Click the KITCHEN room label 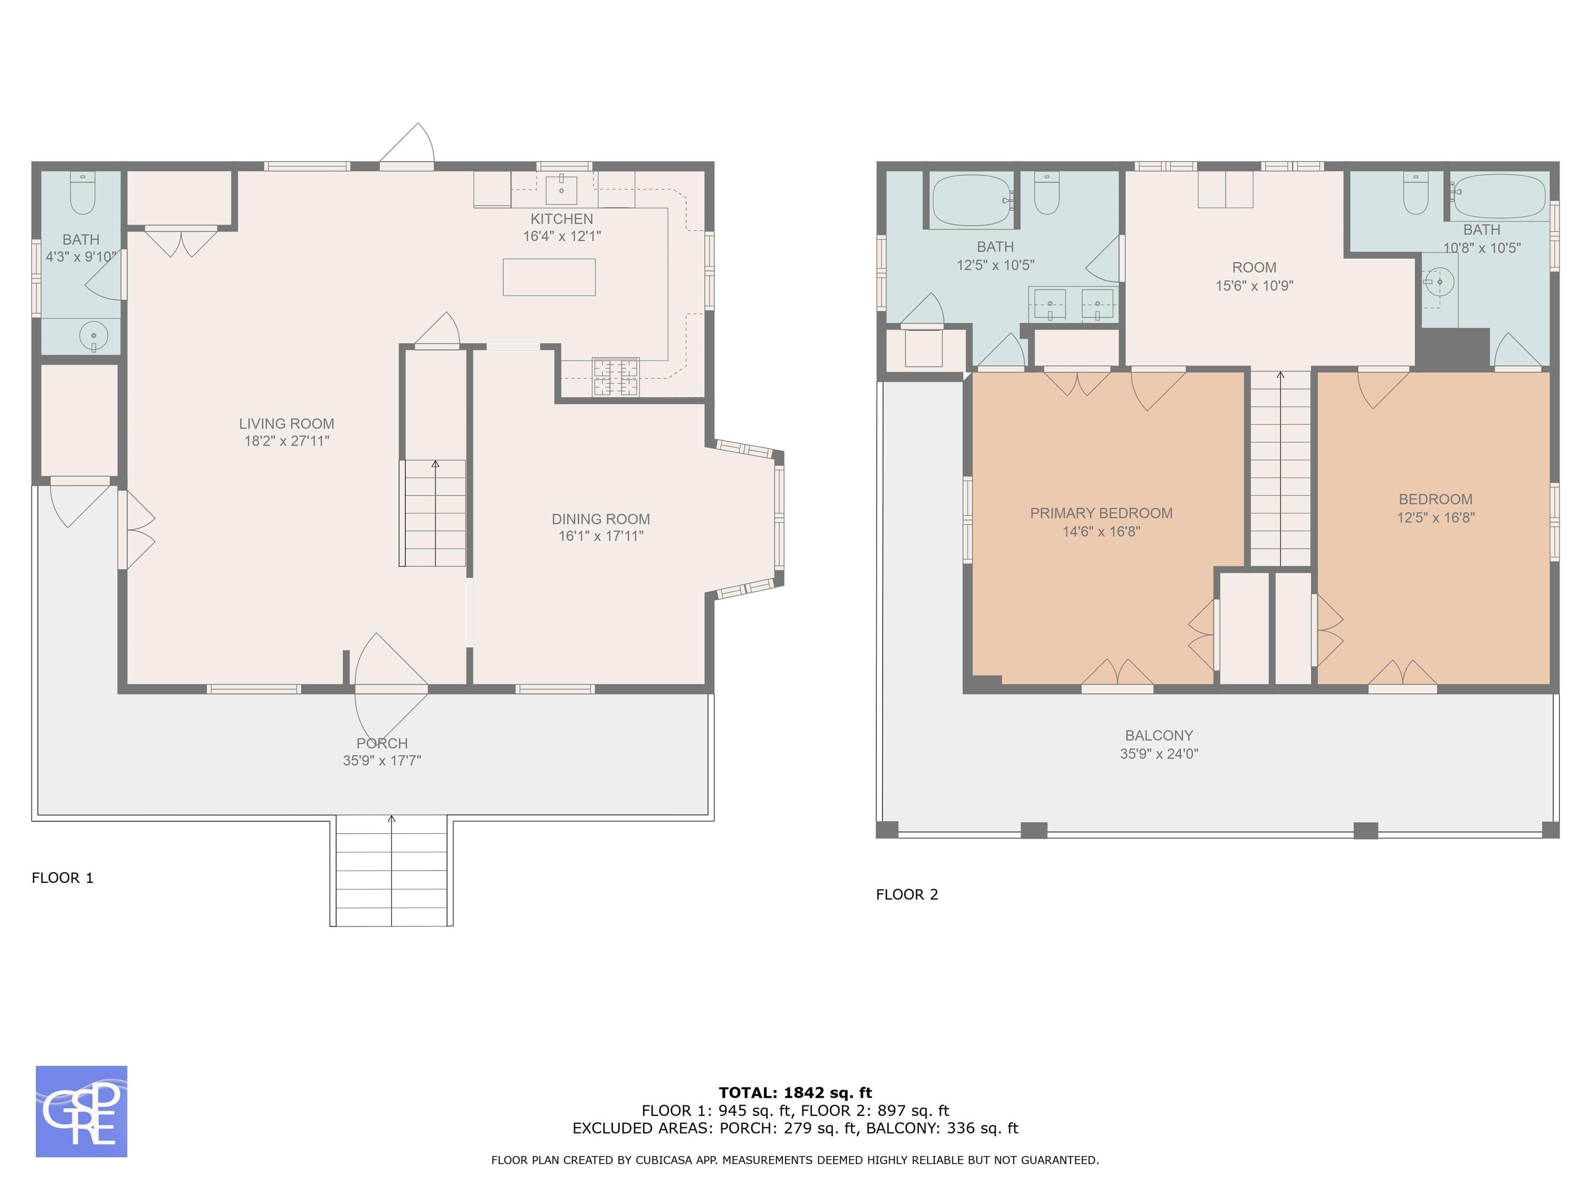pyautogui.click(x=562, y=219)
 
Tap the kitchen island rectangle pyautogui.click(x=549, y=277)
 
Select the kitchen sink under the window pyautogui.click(x=562, y=189)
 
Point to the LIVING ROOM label pyautogui.click(x=286, y=424)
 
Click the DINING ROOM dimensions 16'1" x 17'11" pyautogui.click(x=601, y=536)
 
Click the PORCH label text pyautogui.click(x=382, y=744)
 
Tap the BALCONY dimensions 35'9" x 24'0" pyautogui.click(x=1159, y=753)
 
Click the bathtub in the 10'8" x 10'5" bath pyautogui.click(x=1499, y=196)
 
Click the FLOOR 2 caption pyautogui.click(x=907, y=895)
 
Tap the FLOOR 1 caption pyautogui.click(x=63, y=877)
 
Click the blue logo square pyautogui.click(x=81, y=1111)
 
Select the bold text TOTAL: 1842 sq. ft pyautogui.click(x=795, y=1093)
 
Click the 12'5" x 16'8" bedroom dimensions pyautogui.click(x=1436, y=517)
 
